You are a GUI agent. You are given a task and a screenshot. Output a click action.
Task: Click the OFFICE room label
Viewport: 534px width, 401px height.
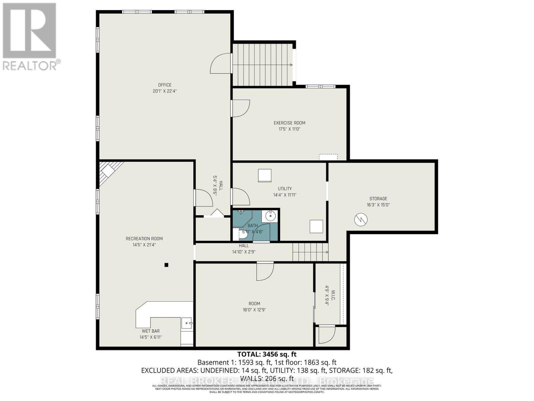(165, 85)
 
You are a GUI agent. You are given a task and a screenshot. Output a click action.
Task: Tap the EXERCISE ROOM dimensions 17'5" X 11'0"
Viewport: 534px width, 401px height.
(289, 129)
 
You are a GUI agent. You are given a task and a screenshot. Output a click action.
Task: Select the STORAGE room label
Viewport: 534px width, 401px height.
(378, 198)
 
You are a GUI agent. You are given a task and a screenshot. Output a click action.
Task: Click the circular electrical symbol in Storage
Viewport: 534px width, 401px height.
(361, 220)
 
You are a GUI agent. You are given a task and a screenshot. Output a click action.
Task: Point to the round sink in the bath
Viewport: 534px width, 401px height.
(270, 216)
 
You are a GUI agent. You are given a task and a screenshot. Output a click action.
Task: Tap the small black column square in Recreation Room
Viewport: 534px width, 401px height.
(167, 265)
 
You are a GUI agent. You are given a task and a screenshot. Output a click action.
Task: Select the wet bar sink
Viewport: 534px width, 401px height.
(187, 323)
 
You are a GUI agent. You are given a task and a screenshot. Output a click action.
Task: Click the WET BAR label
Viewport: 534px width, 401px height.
(151, 331)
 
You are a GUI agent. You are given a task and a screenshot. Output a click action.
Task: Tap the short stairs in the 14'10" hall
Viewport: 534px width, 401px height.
(310, 252)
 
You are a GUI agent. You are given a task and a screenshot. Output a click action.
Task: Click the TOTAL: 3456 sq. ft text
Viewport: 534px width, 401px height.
(267, 354)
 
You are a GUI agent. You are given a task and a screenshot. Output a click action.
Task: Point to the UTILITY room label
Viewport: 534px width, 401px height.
(285, 188)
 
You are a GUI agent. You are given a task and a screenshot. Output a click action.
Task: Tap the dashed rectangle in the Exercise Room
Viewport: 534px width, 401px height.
(328, 157)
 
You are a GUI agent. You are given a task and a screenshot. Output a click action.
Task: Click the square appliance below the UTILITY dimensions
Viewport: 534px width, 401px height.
(316, 226)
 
